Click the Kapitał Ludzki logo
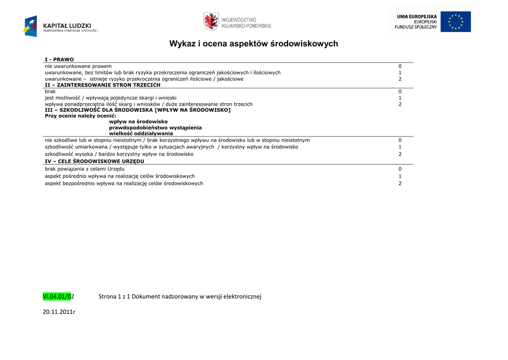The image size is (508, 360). (60, 26)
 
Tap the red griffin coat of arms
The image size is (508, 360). (211, 22)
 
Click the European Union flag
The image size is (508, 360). (455, 22)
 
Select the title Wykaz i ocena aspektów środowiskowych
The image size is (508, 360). (254, 44)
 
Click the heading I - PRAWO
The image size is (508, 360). (59, 60)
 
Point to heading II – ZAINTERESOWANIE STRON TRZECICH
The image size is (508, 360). (102, 85)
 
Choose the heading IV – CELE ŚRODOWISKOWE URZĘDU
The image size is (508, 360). (94, 161)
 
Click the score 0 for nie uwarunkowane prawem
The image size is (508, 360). (399, 66)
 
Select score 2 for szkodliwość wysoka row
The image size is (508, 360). (399, 154)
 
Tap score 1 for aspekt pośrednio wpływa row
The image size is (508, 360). (399, 176)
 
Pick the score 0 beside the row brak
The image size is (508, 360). (399, 91)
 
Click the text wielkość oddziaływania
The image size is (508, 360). (141, 133)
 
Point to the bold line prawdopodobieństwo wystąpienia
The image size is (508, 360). (152, 128)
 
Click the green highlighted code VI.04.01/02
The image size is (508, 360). (58, 296)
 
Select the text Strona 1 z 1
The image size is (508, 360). (114, 296)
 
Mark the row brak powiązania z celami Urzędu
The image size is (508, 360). (84, 169)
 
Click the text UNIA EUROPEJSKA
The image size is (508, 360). (417, 16)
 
